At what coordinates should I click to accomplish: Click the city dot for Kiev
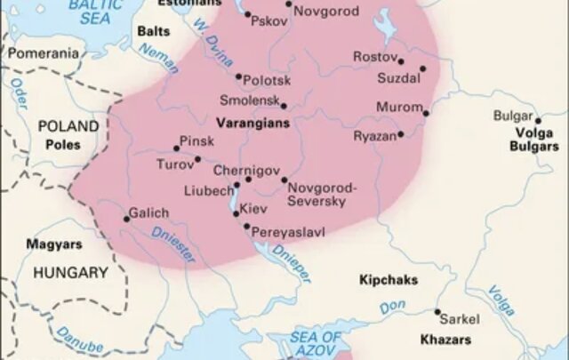236,213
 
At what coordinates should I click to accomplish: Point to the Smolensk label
249,102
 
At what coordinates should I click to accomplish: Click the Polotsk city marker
237,76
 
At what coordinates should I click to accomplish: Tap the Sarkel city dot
437,312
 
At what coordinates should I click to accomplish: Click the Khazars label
445,340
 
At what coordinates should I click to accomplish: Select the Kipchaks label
389,280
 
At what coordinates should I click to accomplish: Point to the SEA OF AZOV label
316,343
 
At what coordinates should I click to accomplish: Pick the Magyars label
54,244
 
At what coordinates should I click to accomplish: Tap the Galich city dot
126,219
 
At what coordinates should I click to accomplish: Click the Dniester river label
173,243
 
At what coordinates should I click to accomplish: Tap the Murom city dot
426,113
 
